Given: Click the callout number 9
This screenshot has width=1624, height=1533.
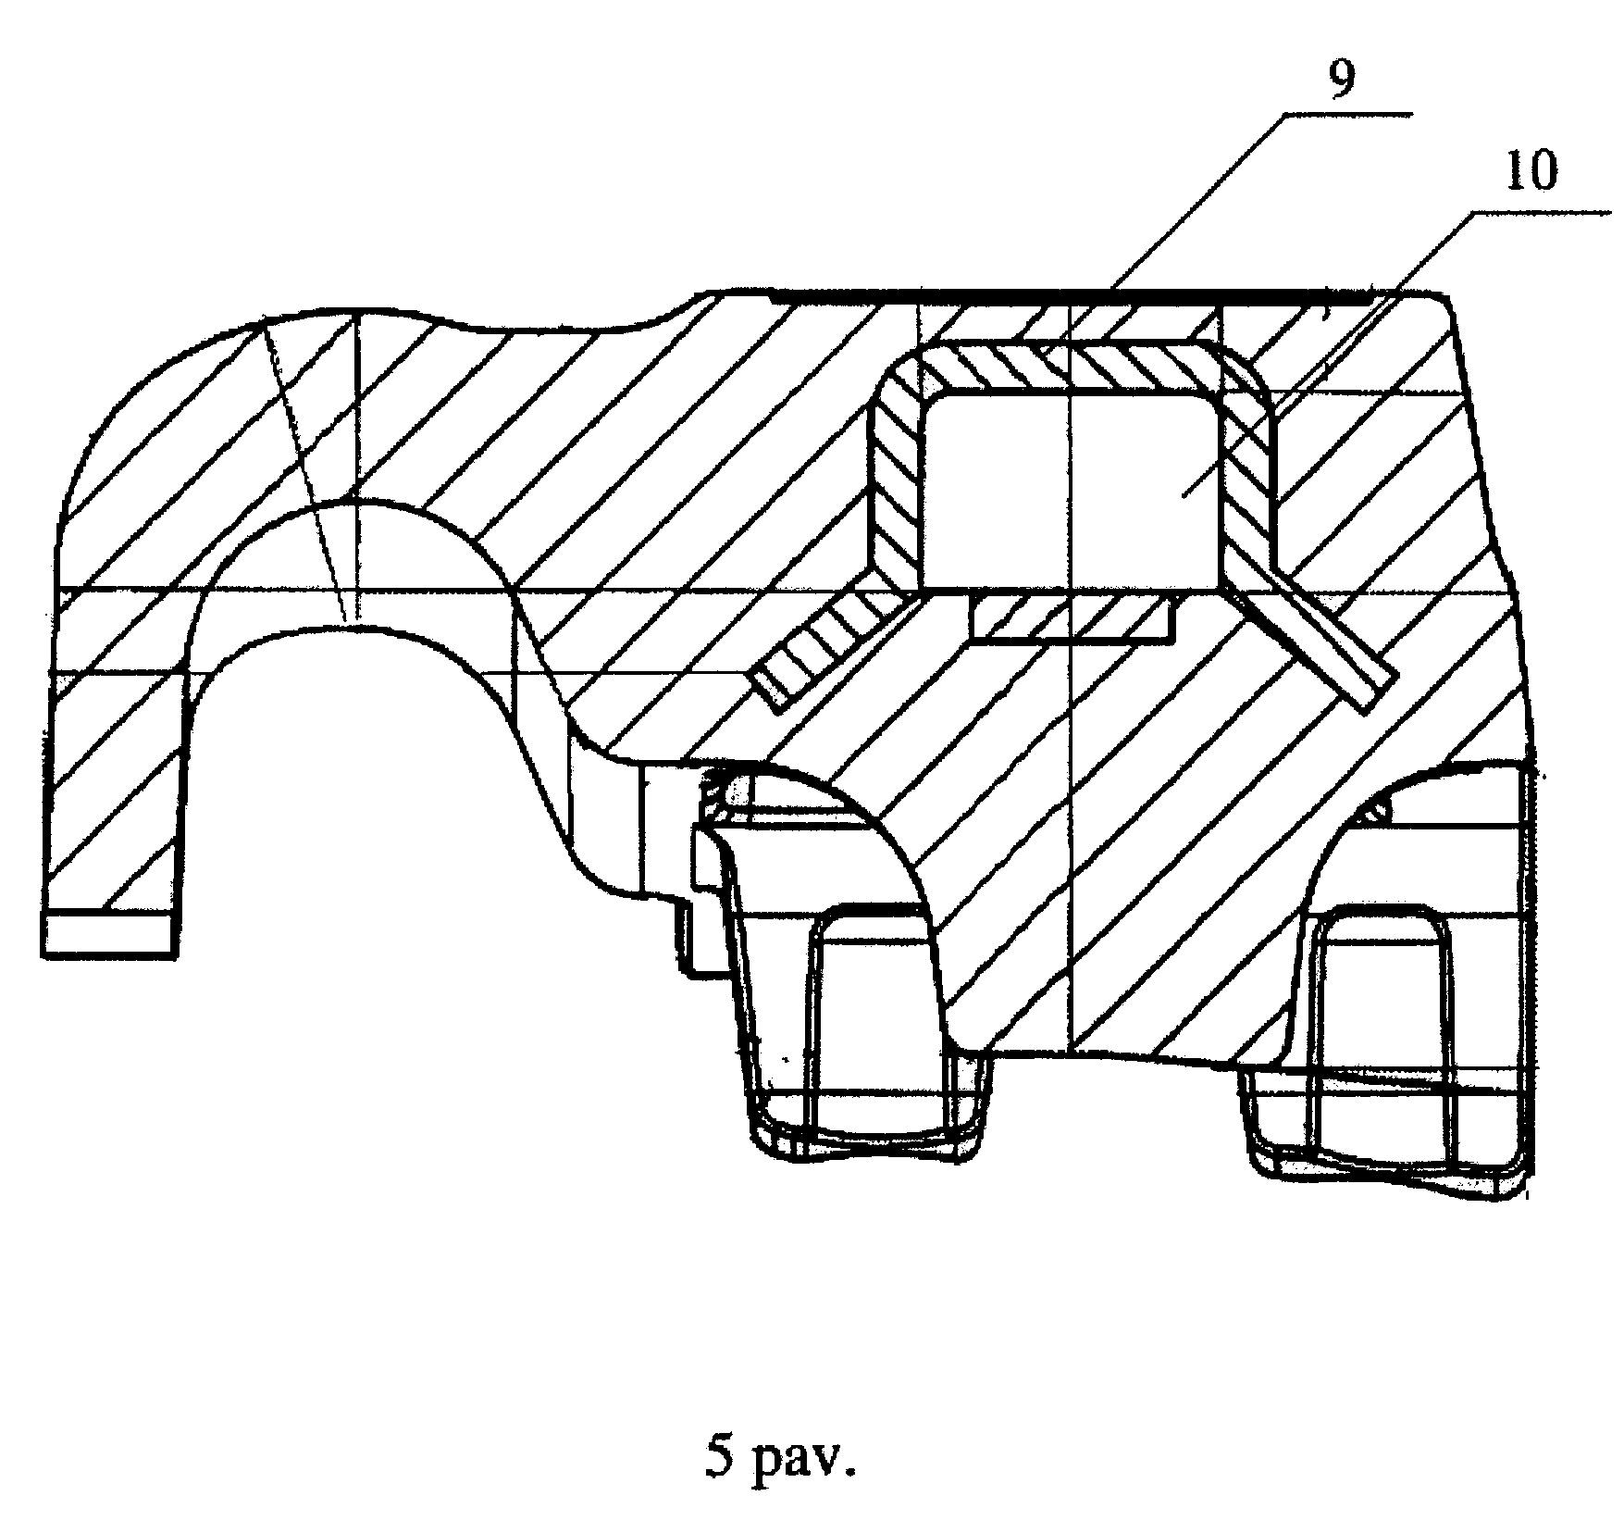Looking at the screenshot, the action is coord(1341,81).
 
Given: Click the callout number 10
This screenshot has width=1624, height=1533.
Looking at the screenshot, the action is coord(1531,171).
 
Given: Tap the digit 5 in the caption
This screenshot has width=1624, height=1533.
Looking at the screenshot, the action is coord(718,1460).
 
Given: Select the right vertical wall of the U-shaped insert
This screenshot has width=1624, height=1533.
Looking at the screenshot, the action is coord(1248,472).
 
